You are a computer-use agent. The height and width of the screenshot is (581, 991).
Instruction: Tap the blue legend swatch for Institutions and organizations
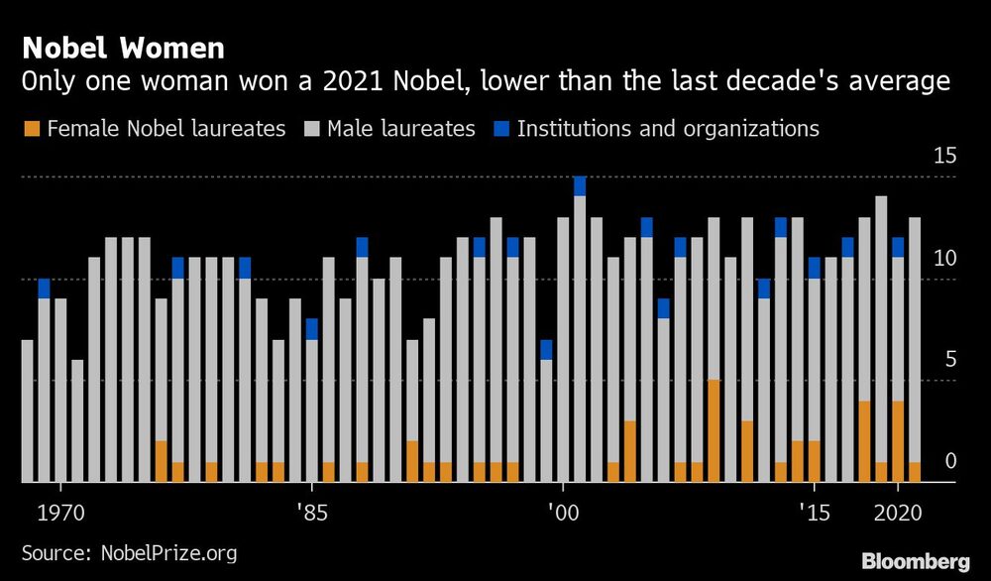pos(499,129)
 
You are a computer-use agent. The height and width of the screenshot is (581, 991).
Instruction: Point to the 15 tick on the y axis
pos(944,156)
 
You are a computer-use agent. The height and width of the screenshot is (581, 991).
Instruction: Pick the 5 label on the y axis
pos(949,359)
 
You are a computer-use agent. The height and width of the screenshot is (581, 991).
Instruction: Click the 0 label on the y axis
pos(949,461)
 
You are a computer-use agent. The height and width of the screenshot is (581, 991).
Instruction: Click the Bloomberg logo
pos(916,560)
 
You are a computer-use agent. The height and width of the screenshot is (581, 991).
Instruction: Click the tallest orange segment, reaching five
pos(714,431)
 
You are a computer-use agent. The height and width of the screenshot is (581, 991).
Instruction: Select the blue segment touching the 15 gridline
pos(580,186)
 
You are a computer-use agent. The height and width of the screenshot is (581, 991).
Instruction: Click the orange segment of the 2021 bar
pos(914,472)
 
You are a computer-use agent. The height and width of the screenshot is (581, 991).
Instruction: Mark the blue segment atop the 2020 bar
pos(898,248)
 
